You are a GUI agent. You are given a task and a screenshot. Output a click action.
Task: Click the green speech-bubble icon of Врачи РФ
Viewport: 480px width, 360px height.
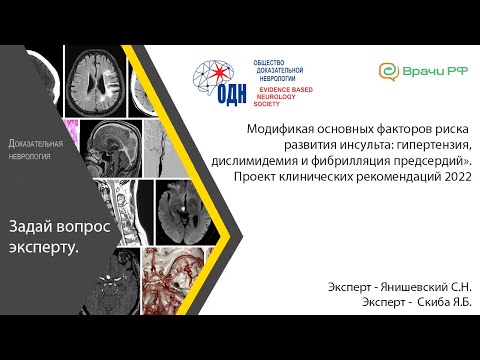[x=387, y=72]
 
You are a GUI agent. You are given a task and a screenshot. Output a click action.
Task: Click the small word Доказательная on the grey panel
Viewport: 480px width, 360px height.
[x=36, y=143]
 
